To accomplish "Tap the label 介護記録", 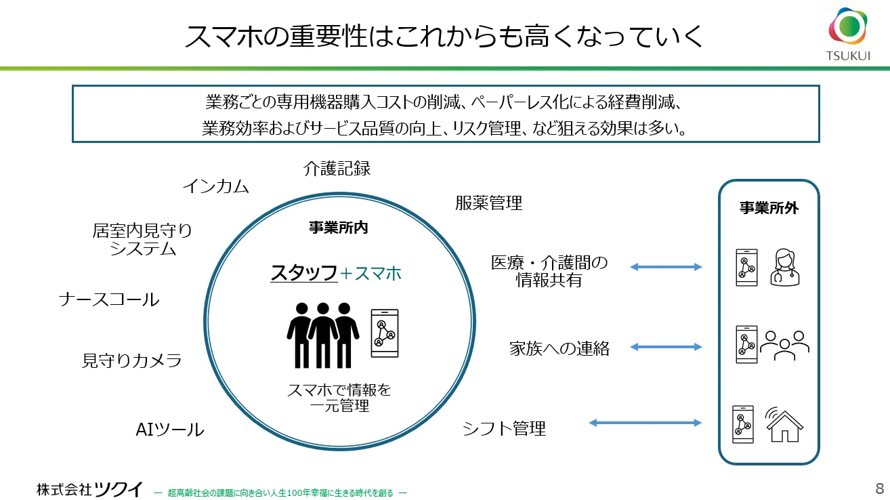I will click(337, 168).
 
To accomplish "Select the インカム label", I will click(216, 186).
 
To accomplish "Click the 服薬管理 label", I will click(489, 203).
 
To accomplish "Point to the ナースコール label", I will click(109, 299).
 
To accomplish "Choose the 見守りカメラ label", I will click(132, 360).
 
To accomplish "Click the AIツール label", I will click(170, 430).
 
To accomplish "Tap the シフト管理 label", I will click(504, 428).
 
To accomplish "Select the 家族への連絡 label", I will click(559, 348).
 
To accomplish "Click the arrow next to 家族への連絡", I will click(666, 347).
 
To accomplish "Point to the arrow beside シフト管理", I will click(645, 423).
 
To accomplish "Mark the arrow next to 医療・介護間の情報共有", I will click(666, 267).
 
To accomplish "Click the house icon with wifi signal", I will click(784, 424).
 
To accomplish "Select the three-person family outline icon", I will click(784, 346).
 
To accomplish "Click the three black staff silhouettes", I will click(323, 331).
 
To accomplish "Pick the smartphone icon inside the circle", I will click(385, 333).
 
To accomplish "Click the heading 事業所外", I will click(769, 208).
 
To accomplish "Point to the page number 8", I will click(879, 488).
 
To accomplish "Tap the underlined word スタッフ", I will click(304, 273).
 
